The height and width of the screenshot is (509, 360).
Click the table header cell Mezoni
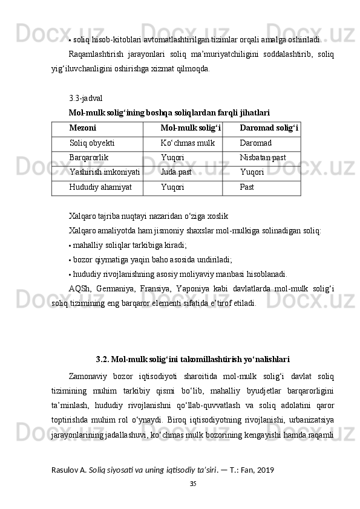pos(83,128)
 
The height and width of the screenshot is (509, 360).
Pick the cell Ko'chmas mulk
pos(188,143)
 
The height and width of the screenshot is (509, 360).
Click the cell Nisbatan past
pos(263,158)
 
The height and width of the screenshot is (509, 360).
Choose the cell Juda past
pos(176,172)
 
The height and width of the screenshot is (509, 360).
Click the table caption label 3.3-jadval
pos(86,97)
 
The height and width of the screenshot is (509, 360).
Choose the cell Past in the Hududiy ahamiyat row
pos(247,187)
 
